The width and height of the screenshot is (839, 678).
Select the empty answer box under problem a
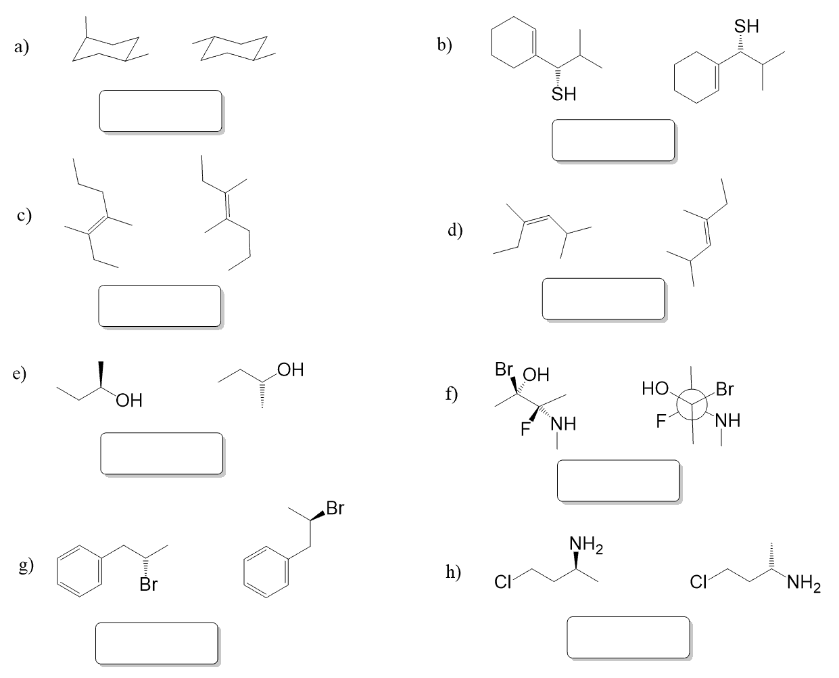coord(161,111)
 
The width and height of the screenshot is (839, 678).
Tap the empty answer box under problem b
coord(613,140)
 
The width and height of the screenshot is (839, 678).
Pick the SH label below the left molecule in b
coord(564,94)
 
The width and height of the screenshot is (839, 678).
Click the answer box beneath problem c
coord(160,306)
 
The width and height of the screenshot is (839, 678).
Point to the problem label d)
coord(456,231)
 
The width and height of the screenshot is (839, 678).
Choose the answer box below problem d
coord(604,298)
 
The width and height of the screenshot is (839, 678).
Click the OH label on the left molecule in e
coord(128,401)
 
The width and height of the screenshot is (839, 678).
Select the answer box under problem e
coord(162,453)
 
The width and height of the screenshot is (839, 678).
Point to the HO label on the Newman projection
coord(655,389)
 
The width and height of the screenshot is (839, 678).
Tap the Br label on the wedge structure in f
coord(504,370)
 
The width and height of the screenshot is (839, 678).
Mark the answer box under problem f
coord(618,481)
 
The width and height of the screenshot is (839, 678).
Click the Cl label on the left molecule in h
coord(502,582)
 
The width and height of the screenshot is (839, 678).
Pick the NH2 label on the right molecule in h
coord(803,582)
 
